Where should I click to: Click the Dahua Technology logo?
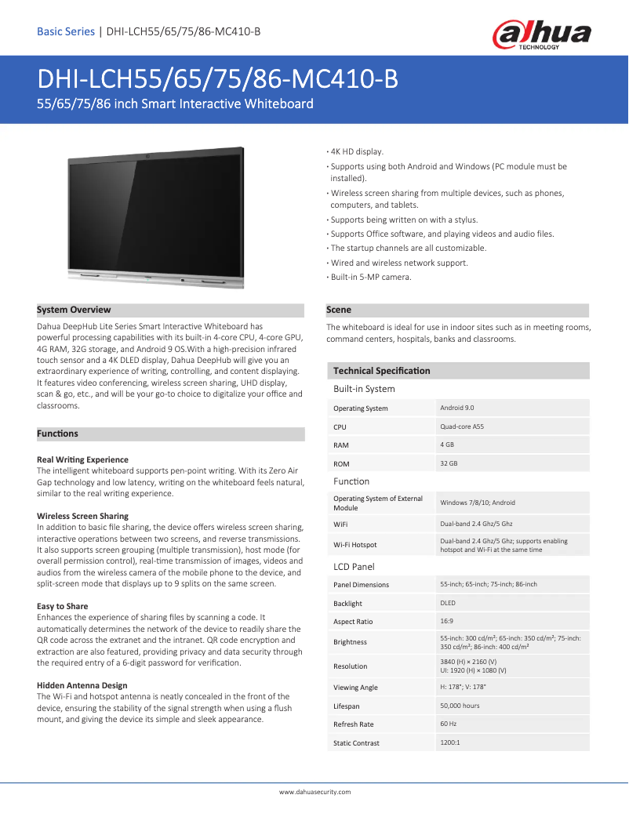541,35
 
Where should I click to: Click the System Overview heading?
75,310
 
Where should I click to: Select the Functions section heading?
58,434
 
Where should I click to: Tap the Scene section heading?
339,310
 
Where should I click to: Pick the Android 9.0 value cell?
457,408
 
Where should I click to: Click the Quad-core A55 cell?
462,426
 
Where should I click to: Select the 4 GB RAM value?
447,445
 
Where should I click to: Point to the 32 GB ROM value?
449,463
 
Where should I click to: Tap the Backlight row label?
347,604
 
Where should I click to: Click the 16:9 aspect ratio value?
447,621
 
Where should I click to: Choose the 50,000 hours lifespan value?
460,706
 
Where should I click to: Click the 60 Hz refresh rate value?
449,724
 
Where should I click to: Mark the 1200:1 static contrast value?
450,742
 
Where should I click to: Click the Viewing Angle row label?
355,688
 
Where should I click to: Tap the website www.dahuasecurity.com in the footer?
314,792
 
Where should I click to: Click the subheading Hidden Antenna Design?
82,685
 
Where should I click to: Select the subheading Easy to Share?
62,606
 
